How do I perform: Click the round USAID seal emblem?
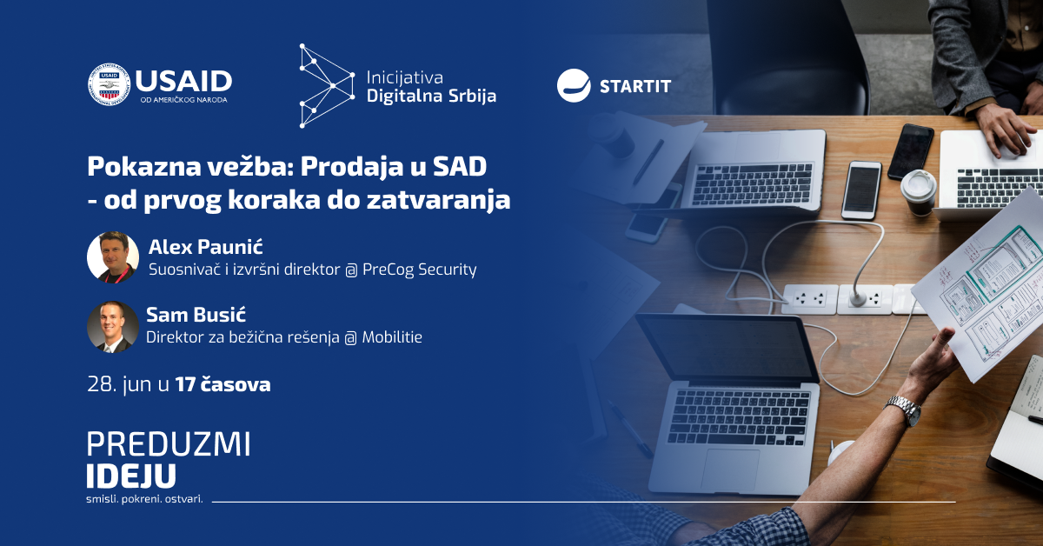pos(110,84)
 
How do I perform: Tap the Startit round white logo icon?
pos(574,85)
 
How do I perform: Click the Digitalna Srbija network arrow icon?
pos(327,86)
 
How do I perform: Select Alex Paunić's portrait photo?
pos(113,257)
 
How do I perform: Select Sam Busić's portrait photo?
pos(113,327)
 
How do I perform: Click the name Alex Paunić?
pos(205,247)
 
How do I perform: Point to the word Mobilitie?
pos(392,336)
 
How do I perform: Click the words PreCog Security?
pos(420,270)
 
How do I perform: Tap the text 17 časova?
pos(223,385)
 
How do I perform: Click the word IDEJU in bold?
pos(131,476)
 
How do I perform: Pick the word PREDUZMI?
pos(169,444)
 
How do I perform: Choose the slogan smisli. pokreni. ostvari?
pos(145,499)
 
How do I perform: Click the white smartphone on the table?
pos(861,190)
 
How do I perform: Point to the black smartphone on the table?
pos(911,152)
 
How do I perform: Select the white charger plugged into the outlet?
pos(858,297)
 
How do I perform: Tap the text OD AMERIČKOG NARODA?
pos(184,100)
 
